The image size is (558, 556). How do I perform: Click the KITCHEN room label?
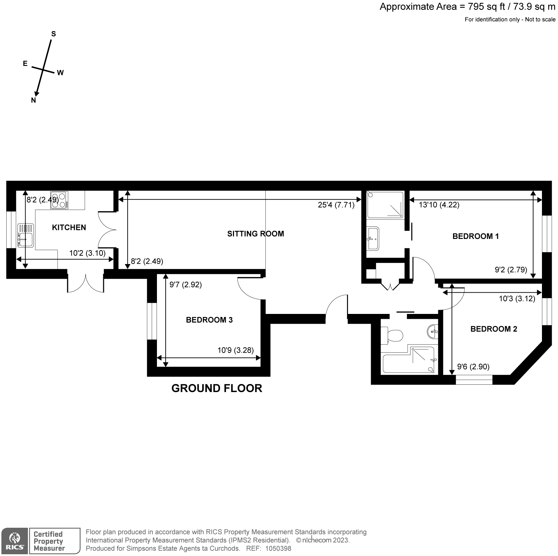tap(69, 227)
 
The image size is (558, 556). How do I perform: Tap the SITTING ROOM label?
tap(256, 234)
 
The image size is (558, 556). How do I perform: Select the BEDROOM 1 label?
tap(475, 236)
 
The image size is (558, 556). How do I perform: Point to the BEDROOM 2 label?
tap(493, 329)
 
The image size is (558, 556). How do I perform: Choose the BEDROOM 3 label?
tap(209, 320)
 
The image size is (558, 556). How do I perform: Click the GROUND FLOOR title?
tap(217, 388)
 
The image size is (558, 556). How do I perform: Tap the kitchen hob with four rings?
tap(59, 200)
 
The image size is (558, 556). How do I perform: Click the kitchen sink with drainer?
tap(26, 235)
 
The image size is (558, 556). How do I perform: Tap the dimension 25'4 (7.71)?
tap(336, 205)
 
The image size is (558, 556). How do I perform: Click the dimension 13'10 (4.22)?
tap(439, 205)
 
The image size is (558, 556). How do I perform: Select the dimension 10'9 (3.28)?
tap(235, 350)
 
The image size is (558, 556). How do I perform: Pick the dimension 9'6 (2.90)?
tap(473, 367)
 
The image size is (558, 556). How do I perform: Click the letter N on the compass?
tap(33, 100)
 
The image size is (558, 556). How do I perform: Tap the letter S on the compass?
tap(54, 34)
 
